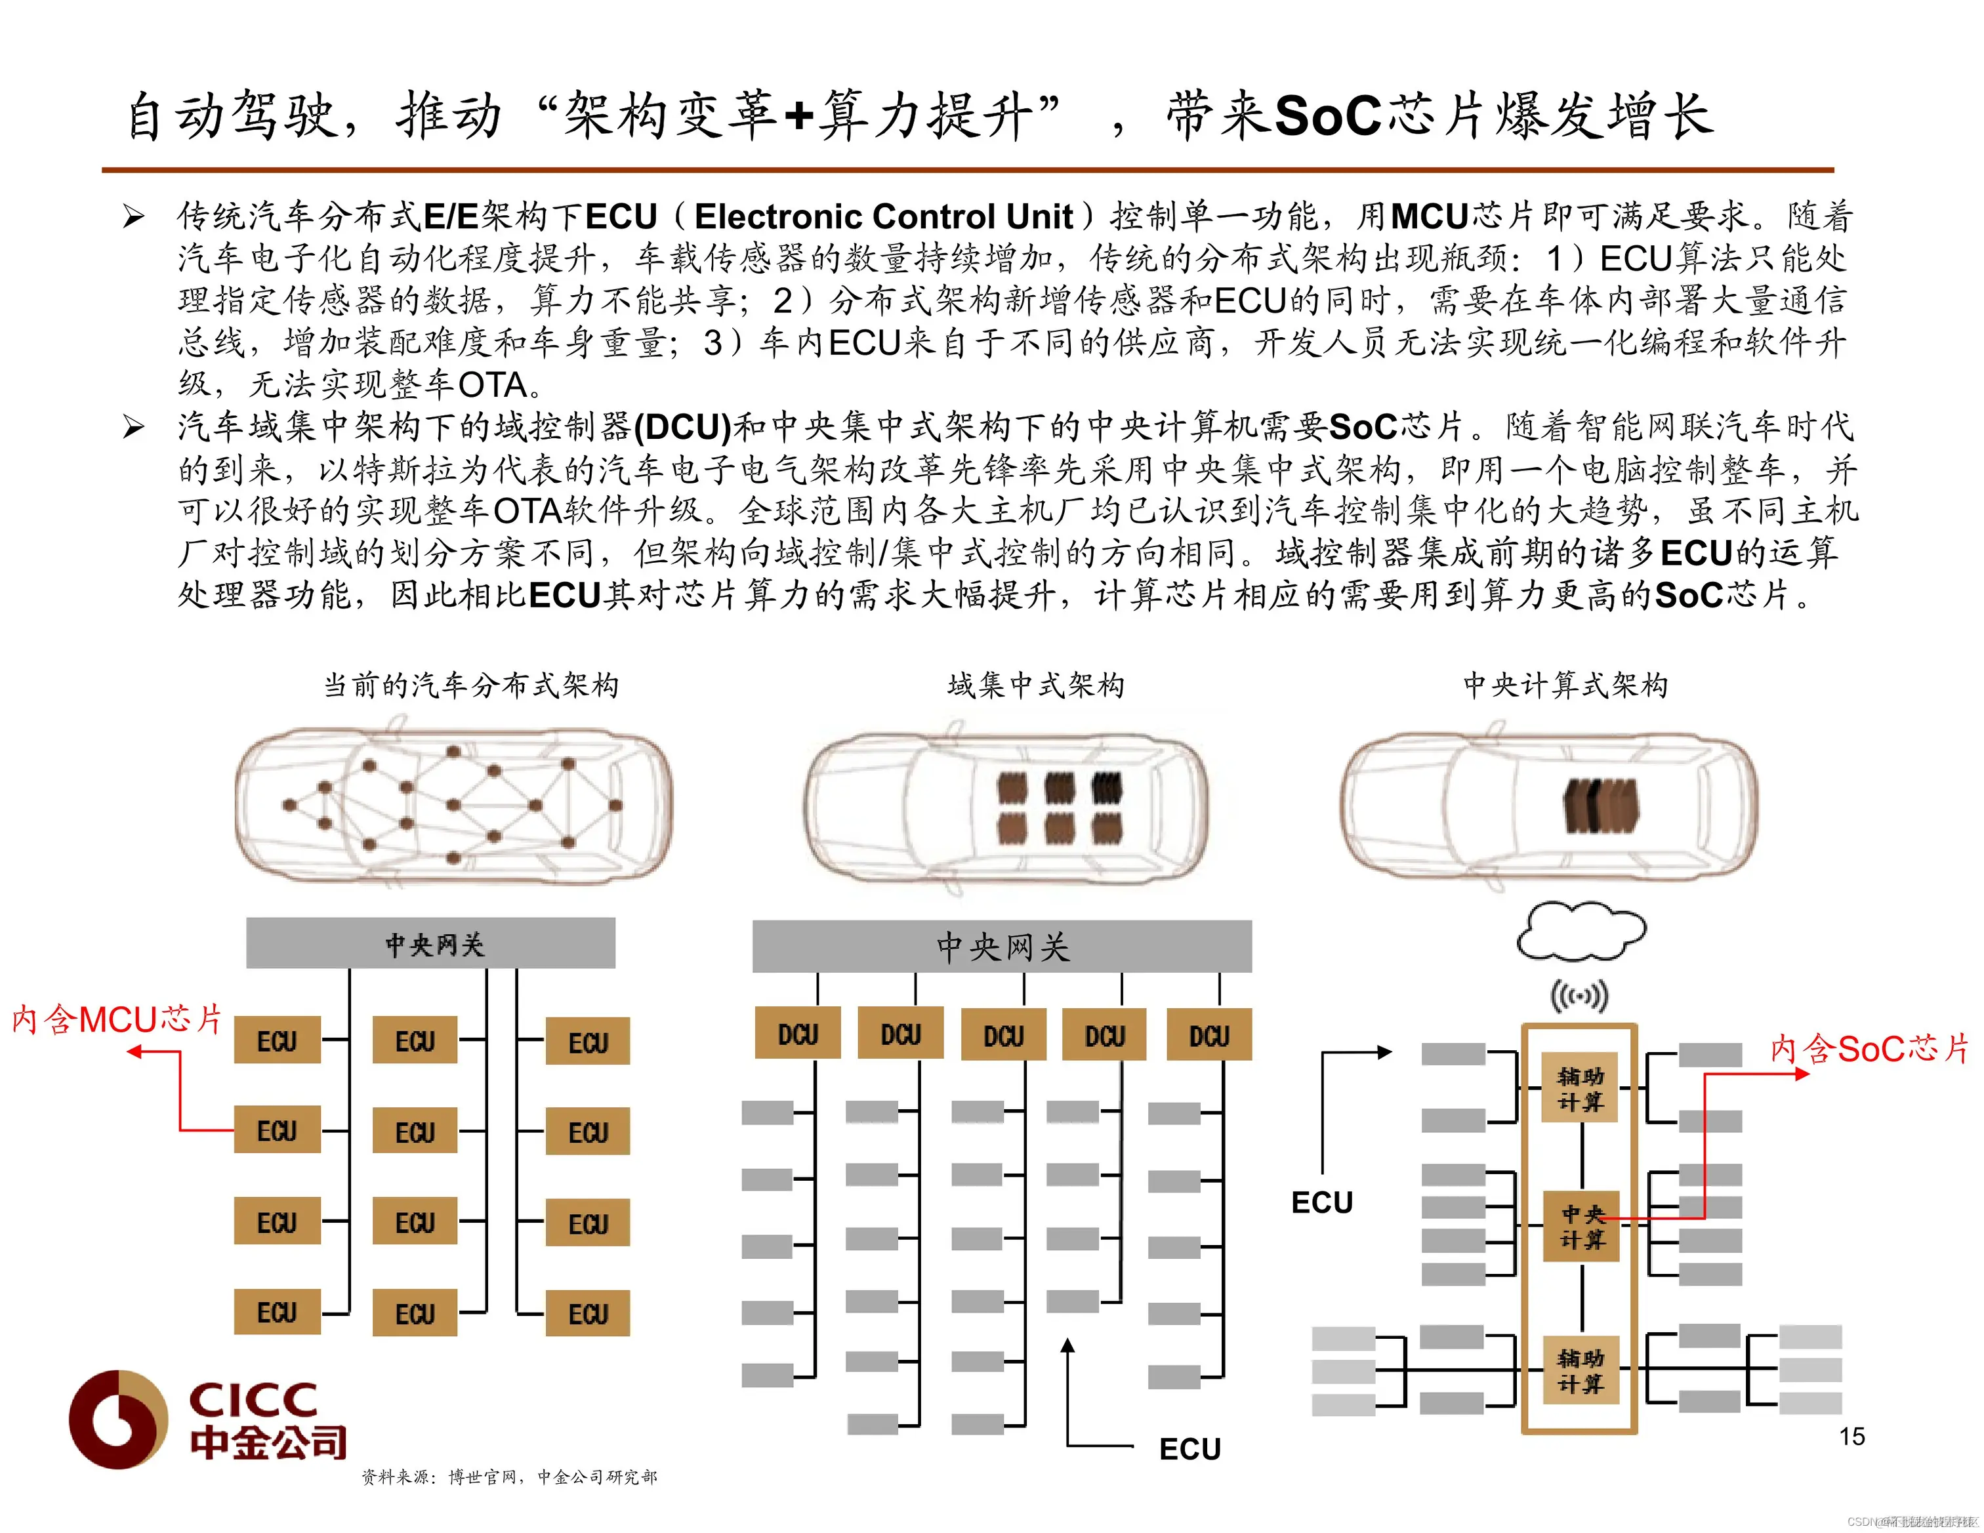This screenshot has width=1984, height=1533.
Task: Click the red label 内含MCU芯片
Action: (116, 1019)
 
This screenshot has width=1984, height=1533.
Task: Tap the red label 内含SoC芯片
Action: (1868, 1049)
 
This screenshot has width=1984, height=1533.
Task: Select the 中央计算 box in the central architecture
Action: (1582, 1226)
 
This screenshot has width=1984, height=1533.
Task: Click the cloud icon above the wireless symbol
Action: (1581, 931)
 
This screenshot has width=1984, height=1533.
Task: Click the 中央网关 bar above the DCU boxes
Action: (1002, 947)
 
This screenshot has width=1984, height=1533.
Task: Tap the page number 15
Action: (1851, 1436)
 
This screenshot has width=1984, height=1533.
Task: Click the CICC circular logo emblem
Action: (118, 1419)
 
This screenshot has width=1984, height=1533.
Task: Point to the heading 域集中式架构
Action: (1035, 685)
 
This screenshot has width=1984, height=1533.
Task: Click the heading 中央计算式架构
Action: (1565, 685)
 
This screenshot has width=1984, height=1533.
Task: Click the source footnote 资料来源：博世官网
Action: (508, 1477)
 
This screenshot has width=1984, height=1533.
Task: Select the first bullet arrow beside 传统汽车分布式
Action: (134, 216)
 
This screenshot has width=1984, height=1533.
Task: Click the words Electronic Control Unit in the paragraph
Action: (883, 216)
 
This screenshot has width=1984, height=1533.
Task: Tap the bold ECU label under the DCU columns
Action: (1190, 1448)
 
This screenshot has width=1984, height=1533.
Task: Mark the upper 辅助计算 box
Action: (1581, 1089)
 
